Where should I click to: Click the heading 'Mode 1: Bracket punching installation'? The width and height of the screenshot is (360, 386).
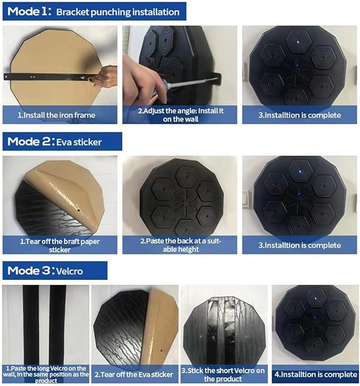coord(93,12)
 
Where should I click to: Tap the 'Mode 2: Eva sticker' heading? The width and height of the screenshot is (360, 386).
coord(55,142)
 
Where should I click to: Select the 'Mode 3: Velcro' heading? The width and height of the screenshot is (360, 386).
coord(45,271)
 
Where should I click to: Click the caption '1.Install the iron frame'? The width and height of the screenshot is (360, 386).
coord(56,115)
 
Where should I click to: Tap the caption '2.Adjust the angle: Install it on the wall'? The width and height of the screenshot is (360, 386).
coord(180,115)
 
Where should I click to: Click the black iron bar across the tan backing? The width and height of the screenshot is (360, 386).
coord(49,77)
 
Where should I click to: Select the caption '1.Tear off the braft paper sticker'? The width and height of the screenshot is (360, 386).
coord(59,245)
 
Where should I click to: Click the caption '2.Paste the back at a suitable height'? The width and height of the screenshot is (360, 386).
coord(180,245)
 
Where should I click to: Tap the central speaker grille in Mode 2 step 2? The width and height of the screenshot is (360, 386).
coord(186,200)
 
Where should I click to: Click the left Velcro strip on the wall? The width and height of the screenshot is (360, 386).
coord(31,325)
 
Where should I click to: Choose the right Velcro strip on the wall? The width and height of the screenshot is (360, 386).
coord(58,325)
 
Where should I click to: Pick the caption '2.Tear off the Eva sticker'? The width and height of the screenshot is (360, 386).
coord(134,375)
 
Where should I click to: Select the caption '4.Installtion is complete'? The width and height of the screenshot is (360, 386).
coord(315,375)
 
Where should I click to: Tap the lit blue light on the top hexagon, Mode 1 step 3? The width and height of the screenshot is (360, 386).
coord(298,42)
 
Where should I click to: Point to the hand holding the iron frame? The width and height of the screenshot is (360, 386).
coord(104,76)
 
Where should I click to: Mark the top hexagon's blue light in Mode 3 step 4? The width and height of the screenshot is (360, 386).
coord(315,299)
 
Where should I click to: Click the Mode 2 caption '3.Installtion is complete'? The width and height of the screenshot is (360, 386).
coord(300,245)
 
